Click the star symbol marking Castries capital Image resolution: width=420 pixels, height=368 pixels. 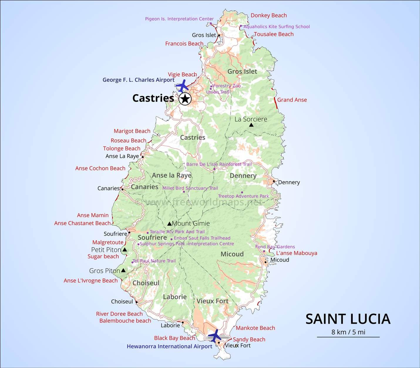(x=185, y=99)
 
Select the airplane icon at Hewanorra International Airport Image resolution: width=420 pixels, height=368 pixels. (x=215, y=335)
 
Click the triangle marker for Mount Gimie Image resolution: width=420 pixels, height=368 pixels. (x=169, y=224)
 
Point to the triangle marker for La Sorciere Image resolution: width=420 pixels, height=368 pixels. (x=251, y=125)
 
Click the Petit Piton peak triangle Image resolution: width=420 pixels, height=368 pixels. (x=125, y=250)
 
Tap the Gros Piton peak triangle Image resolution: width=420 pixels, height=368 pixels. (x=123, y=270)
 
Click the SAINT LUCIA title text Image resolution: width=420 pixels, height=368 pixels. (x=348, y=319)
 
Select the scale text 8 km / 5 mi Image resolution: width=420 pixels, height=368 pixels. (x=348, y=332)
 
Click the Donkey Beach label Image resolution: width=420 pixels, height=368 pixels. (x=268, y=15)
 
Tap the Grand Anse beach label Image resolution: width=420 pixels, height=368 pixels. (x=292, y=100)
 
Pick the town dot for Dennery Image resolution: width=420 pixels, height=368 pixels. (x=274, y=181)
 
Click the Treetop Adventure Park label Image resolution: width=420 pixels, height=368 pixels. (x=243, y=196)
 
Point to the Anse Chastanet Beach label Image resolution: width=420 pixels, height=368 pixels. (x=82, y=223)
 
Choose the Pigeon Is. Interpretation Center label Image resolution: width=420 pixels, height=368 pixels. (x=179, y=19)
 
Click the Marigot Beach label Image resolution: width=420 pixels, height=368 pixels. (x=132, y=131)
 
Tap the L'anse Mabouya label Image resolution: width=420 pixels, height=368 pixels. (x=296, y=253)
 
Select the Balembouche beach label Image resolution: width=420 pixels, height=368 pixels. (x=125, y=321)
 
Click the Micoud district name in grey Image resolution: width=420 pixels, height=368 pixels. (x=232, y=254)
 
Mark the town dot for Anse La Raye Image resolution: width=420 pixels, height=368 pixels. (x=143, y=157)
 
